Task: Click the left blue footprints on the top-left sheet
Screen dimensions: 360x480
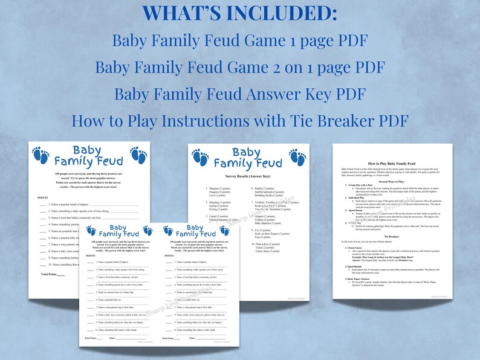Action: coord(41,156)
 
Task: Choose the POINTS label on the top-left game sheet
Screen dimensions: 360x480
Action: coord(43,197)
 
